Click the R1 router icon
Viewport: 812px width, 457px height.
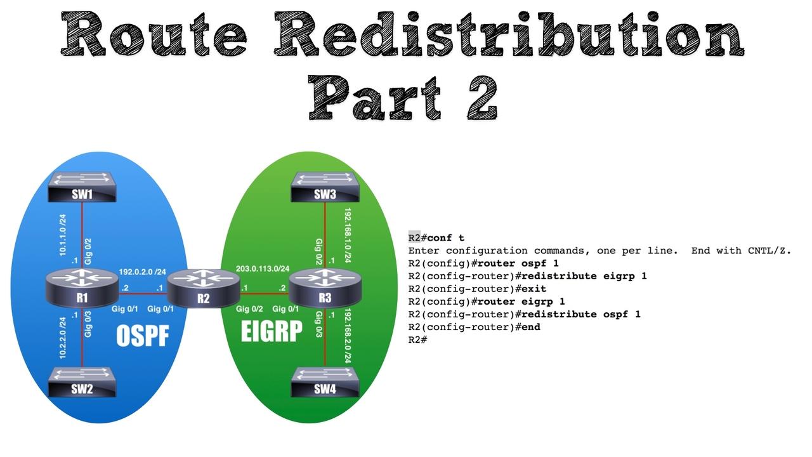[x=82, y=289]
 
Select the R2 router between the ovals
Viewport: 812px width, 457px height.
[x=203, y=289]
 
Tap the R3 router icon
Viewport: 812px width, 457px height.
[x=325, y=289]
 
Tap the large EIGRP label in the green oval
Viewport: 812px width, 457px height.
[x=272, y=331]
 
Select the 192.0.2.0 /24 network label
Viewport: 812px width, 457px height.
[x=151, y=272]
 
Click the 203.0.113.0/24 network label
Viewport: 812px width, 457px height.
[x=263, y=268]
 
